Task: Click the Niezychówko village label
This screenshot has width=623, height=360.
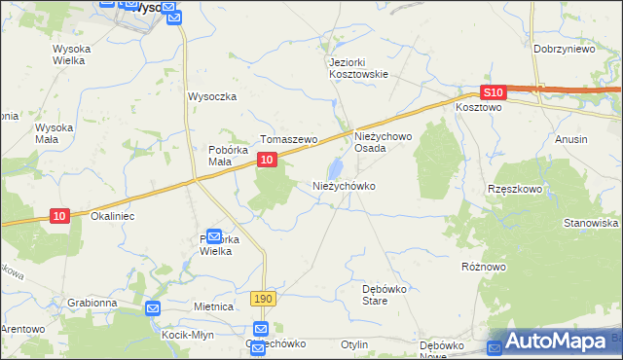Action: click(x=343, y=185)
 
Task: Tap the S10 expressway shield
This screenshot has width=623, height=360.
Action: click(x=495, y=92)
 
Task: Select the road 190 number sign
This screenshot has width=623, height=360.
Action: click(x=261, y=299)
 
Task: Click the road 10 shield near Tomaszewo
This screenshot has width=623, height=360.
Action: click(x=266, y=170)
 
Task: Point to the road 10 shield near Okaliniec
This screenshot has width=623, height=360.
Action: click(x=60, y=216)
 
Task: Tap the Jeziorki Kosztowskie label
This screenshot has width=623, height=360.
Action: click(x=358, y=68)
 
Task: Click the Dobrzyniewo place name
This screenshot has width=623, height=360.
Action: click(x=564, y=48)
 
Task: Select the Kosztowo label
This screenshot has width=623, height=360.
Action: click(x=478, y=108)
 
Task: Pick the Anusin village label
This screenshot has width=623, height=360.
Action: click(x=570, y=139)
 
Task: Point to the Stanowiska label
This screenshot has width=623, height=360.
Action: click(x=591, y=223)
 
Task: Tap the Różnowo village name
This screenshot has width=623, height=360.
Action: click(x=485, y=265)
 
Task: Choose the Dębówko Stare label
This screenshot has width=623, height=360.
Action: click(x=388, y=295)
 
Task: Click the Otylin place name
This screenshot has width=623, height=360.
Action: click(x=354, y=344)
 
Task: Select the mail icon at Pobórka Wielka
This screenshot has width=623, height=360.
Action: click(x=213, y=234)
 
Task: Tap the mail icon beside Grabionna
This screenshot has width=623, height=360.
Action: click(x=152, y=308)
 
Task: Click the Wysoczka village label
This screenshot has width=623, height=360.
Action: click(x=213, y=96)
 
